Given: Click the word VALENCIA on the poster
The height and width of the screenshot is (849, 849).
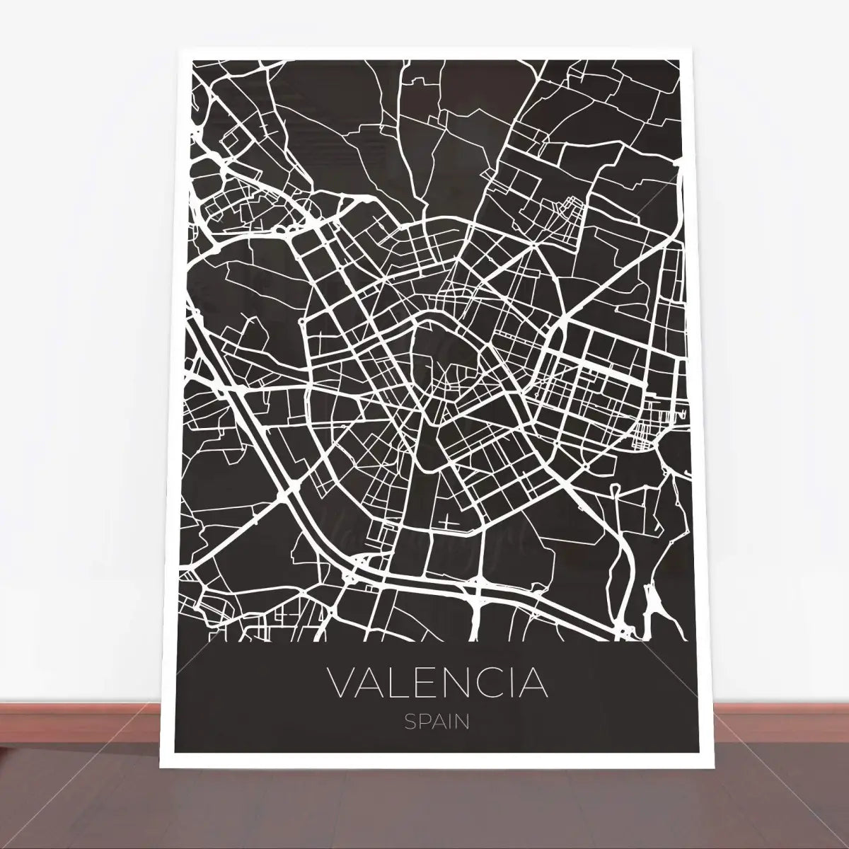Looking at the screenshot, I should click(438, 682).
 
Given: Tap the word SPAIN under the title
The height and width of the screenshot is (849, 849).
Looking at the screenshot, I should click(437, 722).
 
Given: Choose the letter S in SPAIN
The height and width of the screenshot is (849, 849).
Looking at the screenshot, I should click(410, 722).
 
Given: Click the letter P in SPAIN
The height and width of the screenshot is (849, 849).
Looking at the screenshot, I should click(423, 722).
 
